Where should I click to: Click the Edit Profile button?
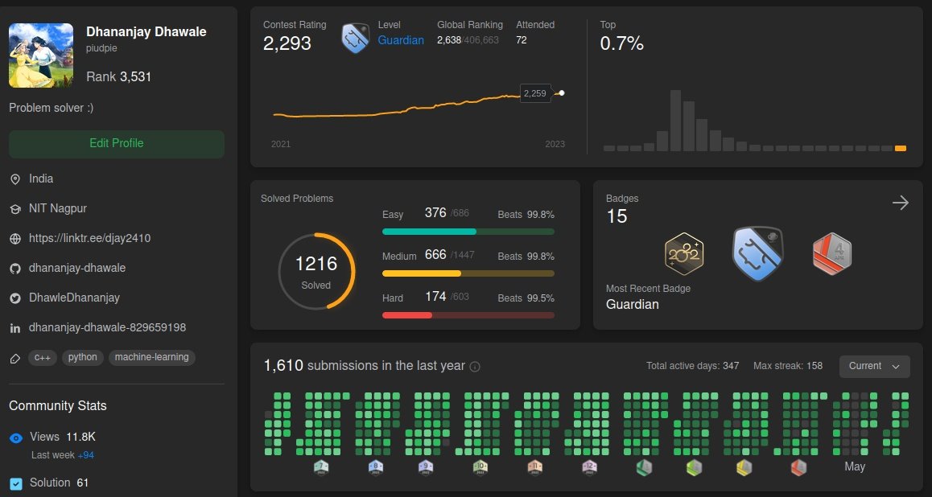pyautogui.click(x=117, y=144)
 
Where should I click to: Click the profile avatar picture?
pyautogui.click(x=41, y=55)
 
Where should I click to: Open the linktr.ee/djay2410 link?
pyautogui.click(x=89, y=238)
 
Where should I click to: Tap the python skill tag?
pyautogui.click(x=83, y=357)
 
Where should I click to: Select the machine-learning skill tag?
pyautogui.click(x=151, y=357)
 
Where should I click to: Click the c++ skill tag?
pyautogui.click(x=43, y=357)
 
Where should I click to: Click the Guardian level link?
pyautogui.click(x=401, y=40)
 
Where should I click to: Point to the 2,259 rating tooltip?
pyautogui.click(x=534, y=93)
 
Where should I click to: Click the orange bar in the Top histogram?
pyautogui.click(x=901, y=148)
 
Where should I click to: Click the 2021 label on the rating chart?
pyautogui.click(x=281, y=144)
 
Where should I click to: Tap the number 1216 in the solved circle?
pyautogui.click(x=316, y=264)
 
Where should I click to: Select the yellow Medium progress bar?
pyautogui.click(x=422, y=273)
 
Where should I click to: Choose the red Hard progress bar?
pyautogui.click(x=407, y=314)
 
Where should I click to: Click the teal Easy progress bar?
pyautogui.click(x=429, y=232)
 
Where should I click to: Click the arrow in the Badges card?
pyautogui.click(x=901, y=203)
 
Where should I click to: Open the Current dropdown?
pyautogui.click(x=874, y=366)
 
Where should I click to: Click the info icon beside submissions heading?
pyautogui.click(x=475, y=367)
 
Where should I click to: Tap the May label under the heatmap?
pyautogui.click(x=855, y=466)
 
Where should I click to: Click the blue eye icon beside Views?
pyautogui.click(x=16, y=437)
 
